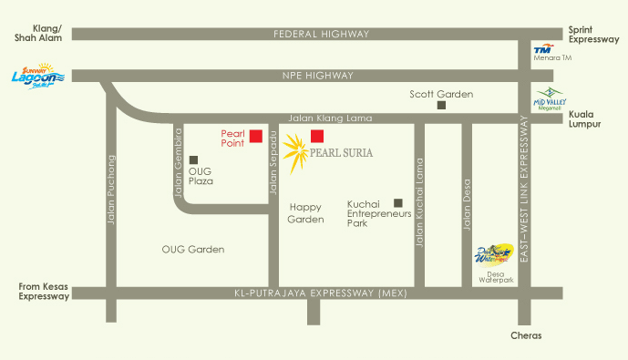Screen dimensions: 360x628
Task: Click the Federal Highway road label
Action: pyautogui.click(x=322, y=34)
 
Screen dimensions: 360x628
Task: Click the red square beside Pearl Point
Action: pyautogui.click(x=256, y=137)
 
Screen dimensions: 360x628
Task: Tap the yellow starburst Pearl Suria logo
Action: pyautogui.click(x=295, y=153)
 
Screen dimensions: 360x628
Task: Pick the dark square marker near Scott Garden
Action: pyautogui.click(x=441, y=106)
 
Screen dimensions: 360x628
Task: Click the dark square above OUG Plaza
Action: pyautogui.click(x=193, y=160)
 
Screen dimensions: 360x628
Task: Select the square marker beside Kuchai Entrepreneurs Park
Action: pyautogui.click(x=397, y=203)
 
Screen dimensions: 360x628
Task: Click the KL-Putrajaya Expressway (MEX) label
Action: pyautogui.click(x=306, y=293)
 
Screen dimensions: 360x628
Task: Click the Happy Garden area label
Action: pyautogui.click(x=305, y=213)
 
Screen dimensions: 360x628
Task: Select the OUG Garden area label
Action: pyautogui.click(x=192, y=249)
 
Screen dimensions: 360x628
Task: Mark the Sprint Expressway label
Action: pyautogui.click(x=593, y=35)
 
